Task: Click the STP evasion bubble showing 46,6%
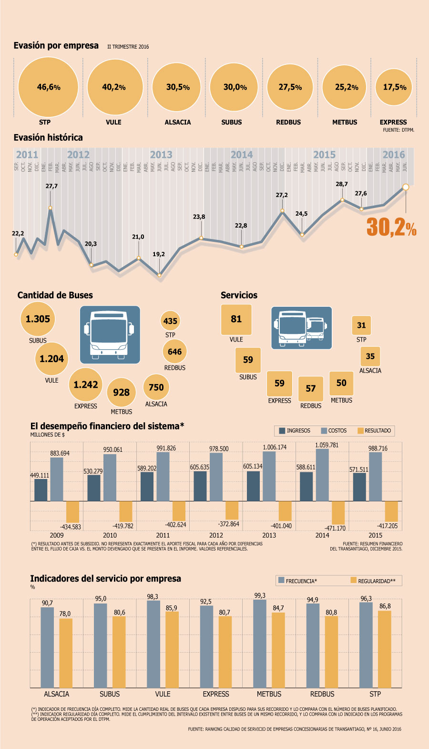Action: click(x=48, y=87)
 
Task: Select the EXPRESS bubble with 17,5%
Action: click(x=394, y=87)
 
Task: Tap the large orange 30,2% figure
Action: click(x=391, y=228)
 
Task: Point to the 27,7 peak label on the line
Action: click(x=51, y=186)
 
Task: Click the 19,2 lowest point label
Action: click(x=159, y=254)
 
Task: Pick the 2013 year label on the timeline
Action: click(x=161, y=155)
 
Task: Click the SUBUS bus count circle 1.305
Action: click(x=38, y=319)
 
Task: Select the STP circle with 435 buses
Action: click(x=170, y=321)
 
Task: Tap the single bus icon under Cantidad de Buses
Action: click(x=110, y=335)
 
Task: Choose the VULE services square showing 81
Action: click(x=236, y=319)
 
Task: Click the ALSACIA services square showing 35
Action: click(x=370, y=356)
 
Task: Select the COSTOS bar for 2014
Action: click(x=322, y=475)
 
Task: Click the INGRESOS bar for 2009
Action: click(x=41, y=490)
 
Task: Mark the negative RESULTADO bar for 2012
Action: click(x=232, y=510)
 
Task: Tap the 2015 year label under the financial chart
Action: click(x=375, y=535)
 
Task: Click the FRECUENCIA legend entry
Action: click(x=297, y=581)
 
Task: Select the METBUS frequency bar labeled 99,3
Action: click(x=260, y=644)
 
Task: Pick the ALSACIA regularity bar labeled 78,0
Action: click(x=66, y=653)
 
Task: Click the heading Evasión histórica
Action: click(x=48, y=137)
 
